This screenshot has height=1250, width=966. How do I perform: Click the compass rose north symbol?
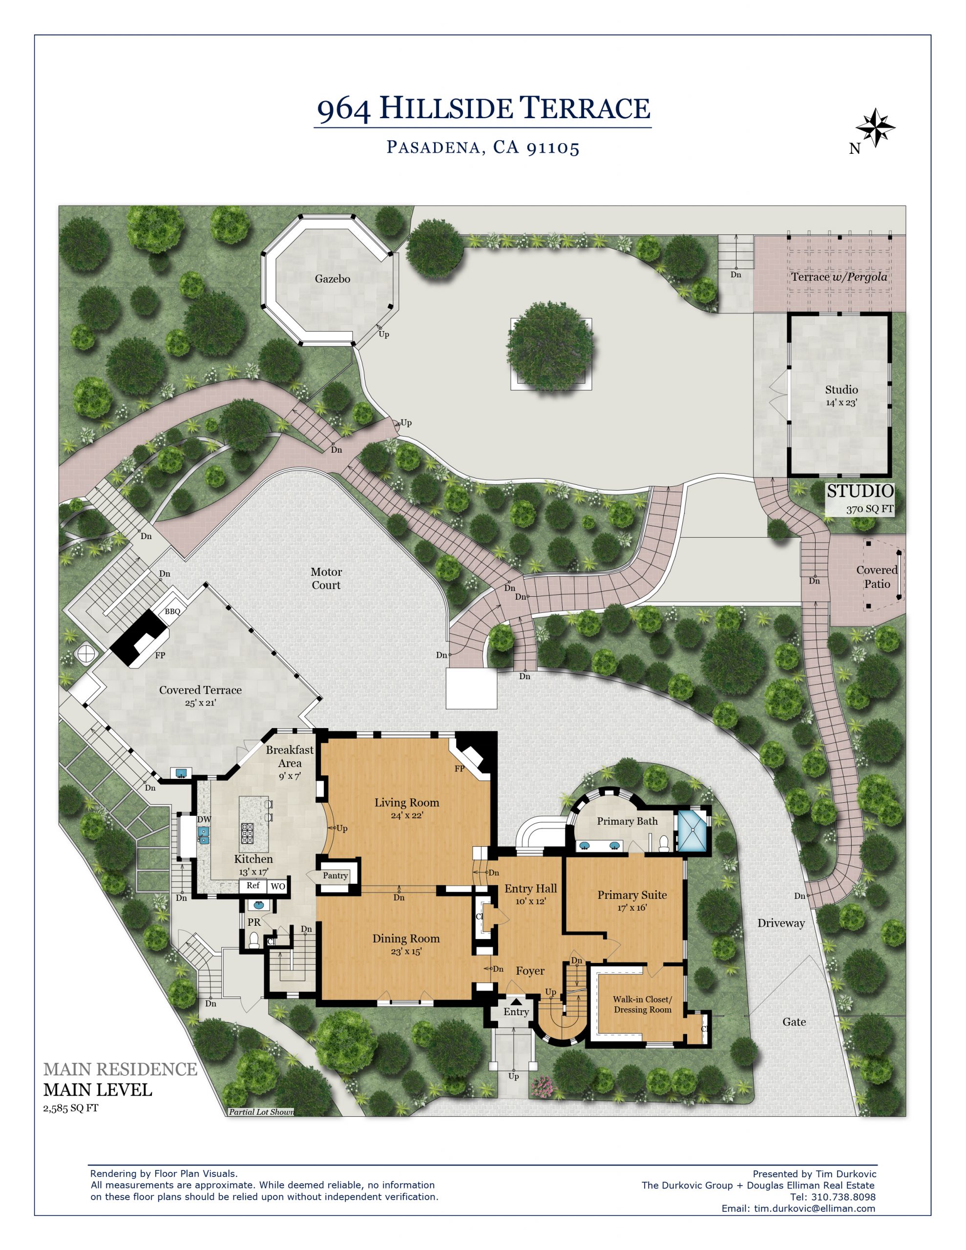point(874,127)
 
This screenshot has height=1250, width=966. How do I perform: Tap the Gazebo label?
point(332,279)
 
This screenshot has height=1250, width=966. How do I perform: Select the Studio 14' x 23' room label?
point(841,396)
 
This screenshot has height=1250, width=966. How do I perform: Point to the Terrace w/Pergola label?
point(839,277)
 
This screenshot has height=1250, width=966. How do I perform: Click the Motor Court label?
point(326,578)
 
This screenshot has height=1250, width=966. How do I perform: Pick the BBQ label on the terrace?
point(172,611)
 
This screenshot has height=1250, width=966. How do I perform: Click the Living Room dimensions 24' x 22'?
point(406,815)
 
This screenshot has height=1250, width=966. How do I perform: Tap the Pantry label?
point(335,875)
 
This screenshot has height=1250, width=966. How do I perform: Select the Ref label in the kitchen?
point(253,885)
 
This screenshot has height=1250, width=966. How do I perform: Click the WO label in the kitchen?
point(278,887)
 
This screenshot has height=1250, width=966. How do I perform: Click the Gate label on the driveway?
point(794,1021)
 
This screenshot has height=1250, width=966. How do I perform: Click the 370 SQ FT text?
point(870,509)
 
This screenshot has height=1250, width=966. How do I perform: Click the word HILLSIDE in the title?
point(445,108)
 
